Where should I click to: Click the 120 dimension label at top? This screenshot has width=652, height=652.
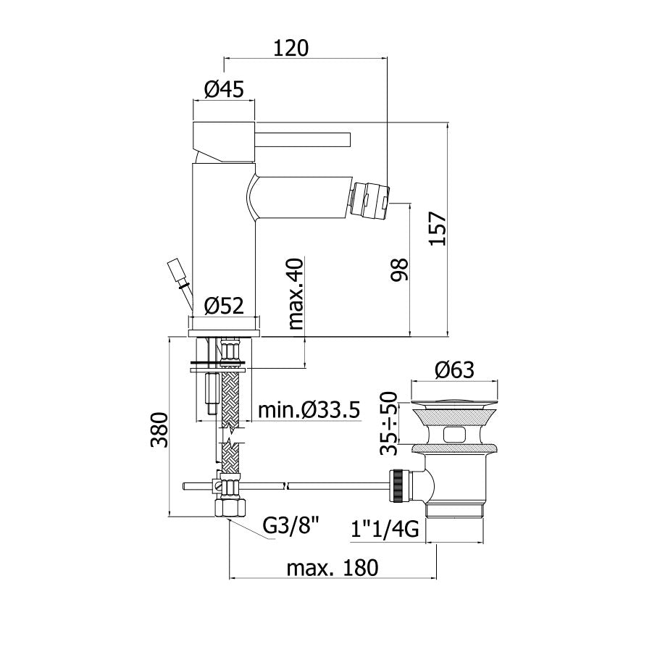[x=291, y=48]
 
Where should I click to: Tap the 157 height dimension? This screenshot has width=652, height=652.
[x=438, y=229]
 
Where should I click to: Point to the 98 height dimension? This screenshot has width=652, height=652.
[x=400, y=270]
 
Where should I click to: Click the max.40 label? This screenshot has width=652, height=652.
[x=296, y=294]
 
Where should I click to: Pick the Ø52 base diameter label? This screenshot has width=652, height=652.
[x=224, y=306]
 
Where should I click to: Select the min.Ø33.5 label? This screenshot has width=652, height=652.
[x=309, y=411]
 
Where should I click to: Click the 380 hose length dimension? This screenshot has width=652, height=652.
[x=159, y=430]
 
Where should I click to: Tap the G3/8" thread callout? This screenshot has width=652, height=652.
[x=291, y=527]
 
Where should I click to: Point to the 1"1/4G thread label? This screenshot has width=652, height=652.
[x=385, y=530]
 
